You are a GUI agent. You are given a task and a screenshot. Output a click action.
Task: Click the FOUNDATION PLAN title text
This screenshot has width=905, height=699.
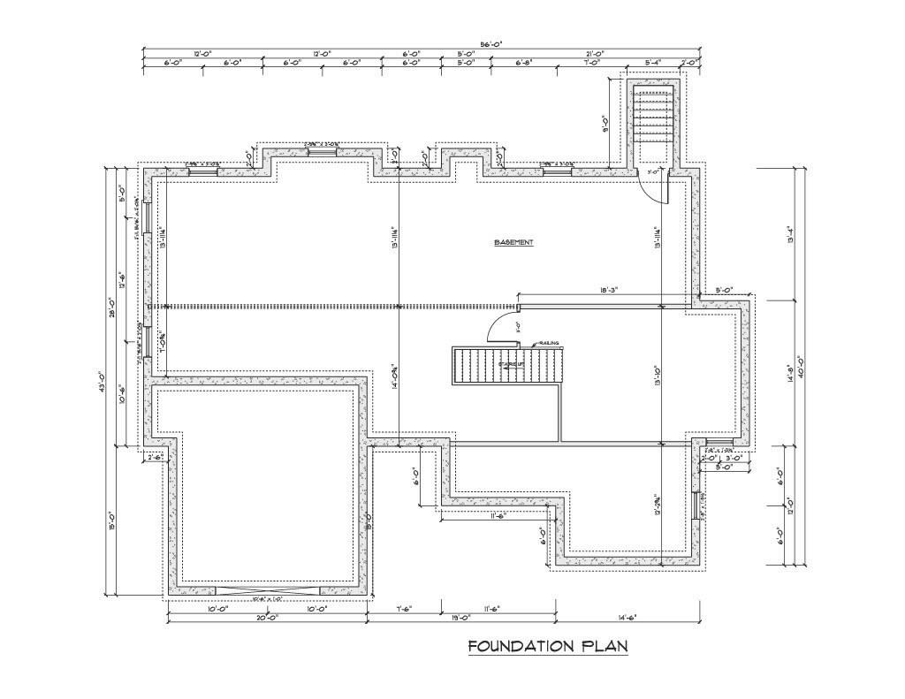pos(548,647)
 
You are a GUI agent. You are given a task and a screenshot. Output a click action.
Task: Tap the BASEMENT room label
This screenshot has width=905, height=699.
pos(513,242)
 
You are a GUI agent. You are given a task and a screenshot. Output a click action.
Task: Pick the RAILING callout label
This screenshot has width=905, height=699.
pos(549,343)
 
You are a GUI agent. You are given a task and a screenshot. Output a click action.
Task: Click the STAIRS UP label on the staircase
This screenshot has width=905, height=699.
pos(511,364)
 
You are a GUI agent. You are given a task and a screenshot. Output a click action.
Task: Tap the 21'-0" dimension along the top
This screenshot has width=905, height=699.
pos(594,54)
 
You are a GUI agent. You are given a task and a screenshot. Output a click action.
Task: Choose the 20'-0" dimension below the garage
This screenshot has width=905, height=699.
pos(269,619)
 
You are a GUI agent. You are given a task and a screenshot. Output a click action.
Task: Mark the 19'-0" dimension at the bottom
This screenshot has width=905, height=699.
pos(461,619)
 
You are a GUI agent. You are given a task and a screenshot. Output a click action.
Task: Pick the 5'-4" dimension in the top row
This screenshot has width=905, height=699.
pos(653,63)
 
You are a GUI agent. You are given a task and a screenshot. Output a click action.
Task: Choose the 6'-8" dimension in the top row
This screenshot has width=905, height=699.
pos(524,63)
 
